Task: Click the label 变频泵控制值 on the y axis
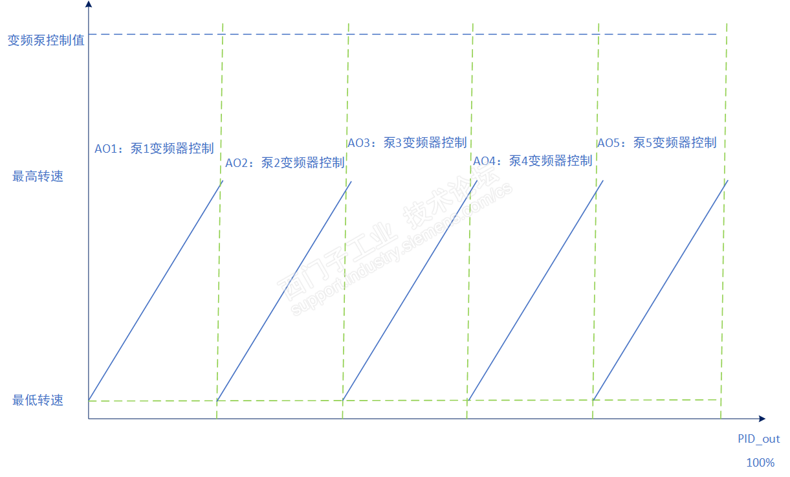[46, 40]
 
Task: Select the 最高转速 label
[38, 176]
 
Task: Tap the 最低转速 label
[38, 400]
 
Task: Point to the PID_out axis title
[759, 439]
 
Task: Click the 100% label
[760, 463]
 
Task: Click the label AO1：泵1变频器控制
[154, 148]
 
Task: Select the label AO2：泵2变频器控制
[285, 162]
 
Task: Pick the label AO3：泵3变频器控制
[407, 143]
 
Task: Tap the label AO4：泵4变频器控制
[532, 161]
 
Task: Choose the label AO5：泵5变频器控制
[657, 143]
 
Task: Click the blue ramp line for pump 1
[155, 290]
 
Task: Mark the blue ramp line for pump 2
[284, 291]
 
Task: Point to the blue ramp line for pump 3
[410, 290]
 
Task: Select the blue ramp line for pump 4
[535, 290]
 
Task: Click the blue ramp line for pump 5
[661, 289]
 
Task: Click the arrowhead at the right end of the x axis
[762, 419]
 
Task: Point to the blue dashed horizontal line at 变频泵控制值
[401, 34]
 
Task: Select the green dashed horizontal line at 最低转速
[401, 401]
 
